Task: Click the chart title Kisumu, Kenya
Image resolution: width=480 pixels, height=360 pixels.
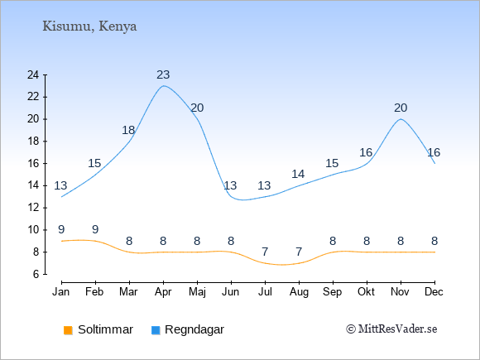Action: tap(89, 26)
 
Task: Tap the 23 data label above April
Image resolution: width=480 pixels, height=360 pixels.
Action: tap(163, 74)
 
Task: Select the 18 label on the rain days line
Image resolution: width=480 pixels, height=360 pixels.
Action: tap(128, 131)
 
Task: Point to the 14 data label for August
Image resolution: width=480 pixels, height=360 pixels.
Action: tap(298, 174)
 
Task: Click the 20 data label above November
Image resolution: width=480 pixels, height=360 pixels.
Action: tap(401, 108)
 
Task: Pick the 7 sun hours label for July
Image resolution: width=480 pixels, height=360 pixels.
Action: tap(265, 252)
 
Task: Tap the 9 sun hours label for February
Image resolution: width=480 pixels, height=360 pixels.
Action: tap(95, 229)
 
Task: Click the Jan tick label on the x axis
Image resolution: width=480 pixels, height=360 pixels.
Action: tap(61, 292)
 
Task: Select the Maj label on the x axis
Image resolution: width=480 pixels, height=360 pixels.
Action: tap(197, 292)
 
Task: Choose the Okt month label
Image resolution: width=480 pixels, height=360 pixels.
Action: tap(366, 292)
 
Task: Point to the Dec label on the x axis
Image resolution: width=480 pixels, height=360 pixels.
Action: tap(434, 292)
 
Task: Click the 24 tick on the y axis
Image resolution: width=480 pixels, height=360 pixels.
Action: tap(33, 74)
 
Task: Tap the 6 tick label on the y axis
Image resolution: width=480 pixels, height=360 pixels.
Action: tap(36, 274)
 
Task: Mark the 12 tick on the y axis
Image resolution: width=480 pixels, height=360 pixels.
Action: tap(33, 208)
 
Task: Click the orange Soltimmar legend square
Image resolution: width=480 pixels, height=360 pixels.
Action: tap(68, 330)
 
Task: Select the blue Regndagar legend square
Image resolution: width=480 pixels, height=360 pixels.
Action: tap(156, 330)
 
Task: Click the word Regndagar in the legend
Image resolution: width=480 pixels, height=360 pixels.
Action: tap(194, 329)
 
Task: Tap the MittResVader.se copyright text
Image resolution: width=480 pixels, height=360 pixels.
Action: tap(391, 329)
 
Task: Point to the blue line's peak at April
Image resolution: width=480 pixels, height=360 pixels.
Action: tap(164, 86)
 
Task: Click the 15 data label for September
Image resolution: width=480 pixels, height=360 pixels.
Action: tap(332, 164)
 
